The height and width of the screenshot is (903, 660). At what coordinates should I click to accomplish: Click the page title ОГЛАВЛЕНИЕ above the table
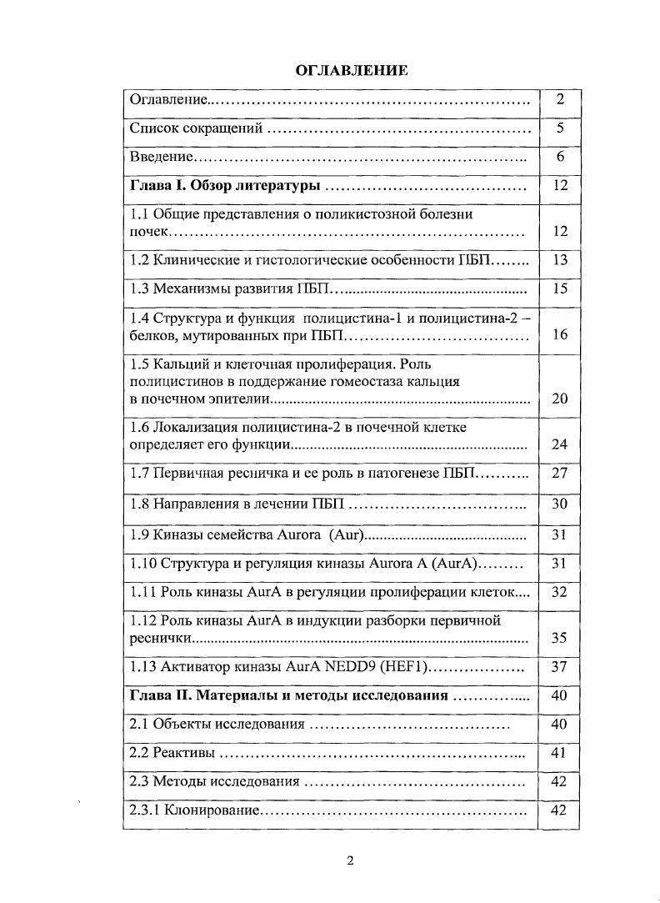coord(352,70)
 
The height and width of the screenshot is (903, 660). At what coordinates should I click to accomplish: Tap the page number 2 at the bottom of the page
coord(350,860)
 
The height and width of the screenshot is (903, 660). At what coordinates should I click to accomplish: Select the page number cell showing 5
coord(560,128)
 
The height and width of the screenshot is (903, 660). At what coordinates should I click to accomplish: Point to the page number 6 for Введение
coord(560,157)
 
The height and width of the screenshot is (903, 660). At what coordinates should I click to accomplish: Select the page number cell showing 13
coord(560,260)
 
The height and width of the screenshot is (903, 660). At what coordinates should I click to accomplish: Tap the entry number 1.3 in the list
coord(140,289)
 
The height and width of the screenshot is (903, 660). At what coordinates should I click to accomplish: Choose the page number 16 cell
coord(560,334)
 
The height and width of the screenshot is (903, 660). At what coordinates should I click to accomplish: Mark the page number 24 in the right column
coord(560,444)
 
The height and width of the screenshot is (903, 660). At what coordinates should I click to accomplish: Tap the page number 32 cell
coord(560,591)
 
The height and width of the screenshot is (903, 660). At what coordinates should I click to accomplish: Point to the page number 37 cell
coord(560,667)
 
